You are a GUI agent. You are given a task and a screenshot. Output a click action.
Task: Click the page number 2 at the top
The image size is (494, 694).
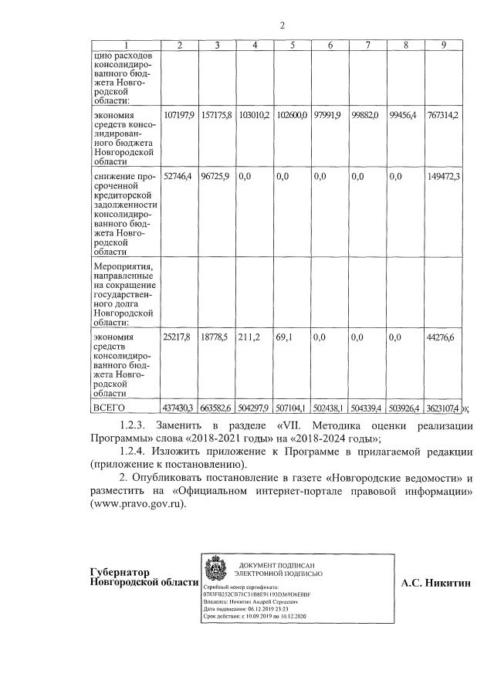point(283,25)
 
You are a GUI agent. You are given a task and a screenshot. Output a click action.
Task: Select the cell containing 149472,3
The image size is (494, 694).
point(443,177)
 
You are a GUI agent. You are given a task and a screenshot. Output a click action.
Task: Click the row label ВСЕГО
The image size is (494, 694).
point(109,408)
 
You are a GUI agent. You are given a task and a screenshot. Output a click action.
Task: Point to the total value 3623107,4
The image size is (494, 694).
point(443,408)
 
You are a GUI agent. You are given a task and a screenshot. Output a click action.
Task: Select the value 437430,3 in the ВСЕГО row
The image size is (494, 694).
point(179,408)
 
